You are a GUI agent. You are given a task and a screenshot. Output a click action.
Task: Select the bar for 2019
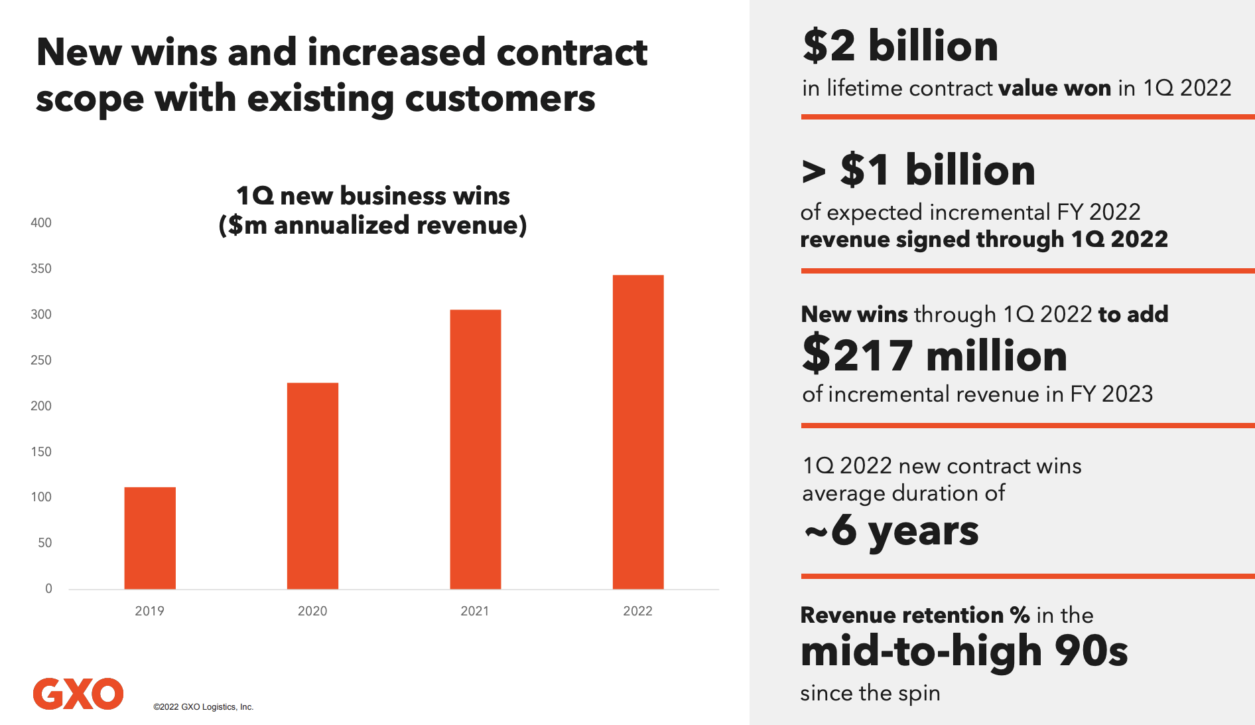point(150,538)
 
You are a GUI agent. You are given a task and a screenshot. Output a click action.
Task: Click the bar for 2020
point(312,485)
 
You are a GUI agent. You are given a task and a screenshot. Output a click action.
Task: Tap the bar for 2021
point(475,449)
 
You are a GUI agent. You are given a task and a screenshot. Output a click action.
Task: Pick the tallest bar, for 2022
point(637,432)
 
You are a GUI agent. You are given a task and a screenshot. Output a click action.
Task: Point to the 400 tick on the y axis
point(41,223)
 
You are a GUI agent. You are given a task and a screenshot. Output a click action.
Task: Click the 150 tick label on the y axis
point(41,451)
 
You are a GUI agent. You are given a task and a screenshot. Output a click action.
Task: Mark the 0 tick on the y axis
point(48,588)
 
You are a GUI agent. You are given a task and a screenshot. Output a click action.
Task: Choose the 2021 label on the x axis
point(475,611)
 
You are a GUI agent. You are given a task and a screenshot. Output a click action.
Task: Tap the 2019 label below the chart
point(149,611)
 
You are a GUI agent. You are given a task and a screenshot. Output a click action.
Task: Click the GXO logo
point(78,694)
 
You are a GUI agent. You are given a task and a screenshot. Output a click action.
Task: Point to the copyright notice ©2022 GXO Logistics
point(203,707)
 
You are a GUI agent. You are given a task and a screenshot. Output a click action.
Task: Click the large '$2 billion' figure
point(900,46)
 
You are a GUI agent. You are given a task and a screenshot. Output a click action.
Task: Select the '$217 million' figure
point(934,355)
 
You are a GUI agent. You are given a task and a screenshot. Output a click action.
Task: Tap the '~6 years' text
point(891,531)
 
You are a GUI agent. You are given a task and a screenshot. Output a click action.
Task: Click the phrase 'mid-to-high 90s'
point(964,651)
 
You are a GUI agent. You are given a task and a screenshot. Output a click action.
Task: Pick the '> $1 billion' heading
point(919,170)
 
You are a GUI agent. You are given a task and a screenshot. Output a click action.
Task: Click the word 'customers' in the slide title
point(500,99)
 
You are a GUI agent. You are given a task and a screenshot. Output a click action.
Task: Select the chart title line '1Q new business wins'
point(373,196)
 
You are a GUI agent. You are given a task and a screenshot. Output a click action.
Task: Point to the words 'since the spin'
point(870,693)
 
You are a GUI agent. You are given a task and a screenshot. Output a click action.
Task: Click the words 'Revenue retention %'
point(915,615)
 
